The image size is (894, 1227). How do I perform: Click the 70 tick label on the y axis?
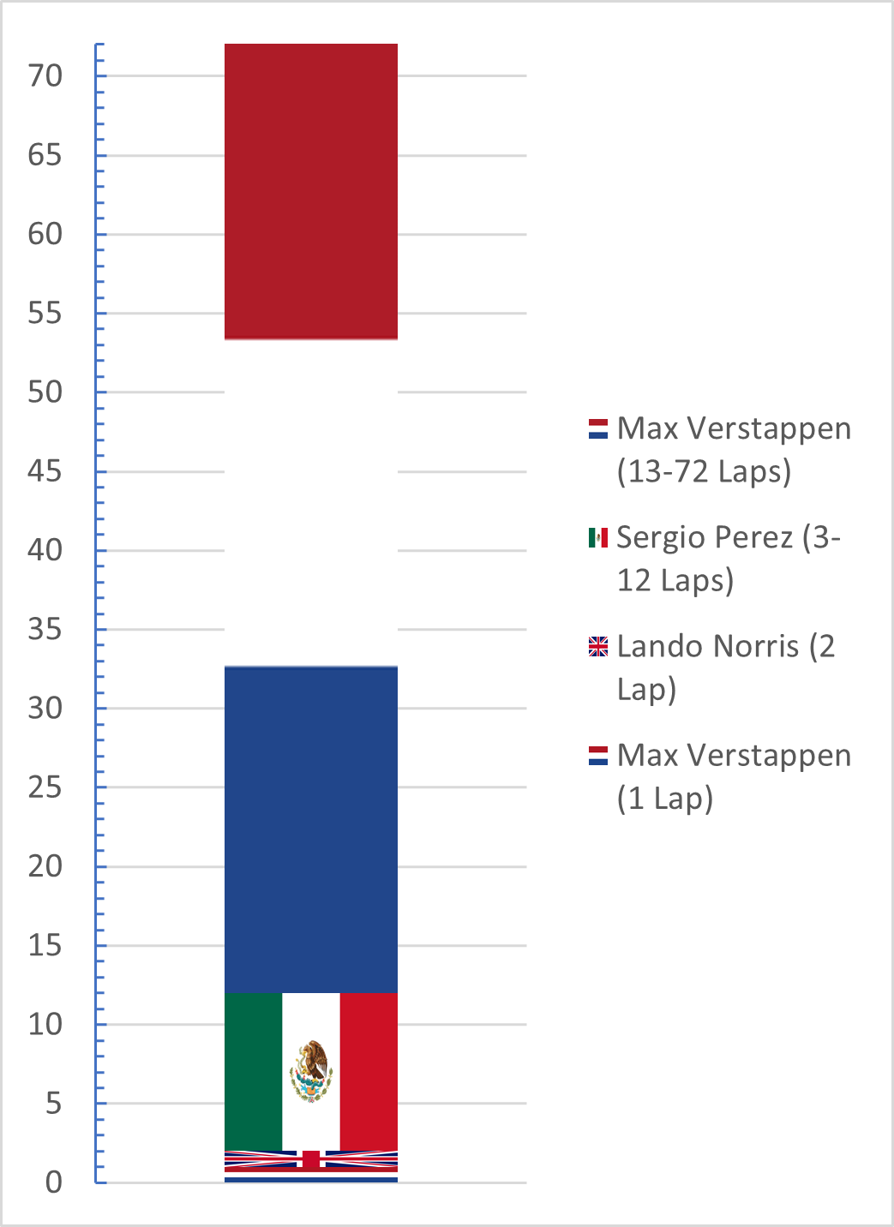[45, 76]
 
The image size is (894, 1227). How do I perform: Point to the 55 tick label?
[45, 314]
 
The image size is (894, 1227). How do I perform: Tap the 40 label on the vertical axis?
[45, 550]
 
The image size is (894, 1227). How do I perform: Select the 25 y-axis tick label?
[45, 787]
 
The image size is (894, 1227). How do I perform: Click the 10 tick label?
[45, 1025]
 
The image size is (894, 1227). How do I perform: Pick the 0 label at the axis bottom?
[54, 1182]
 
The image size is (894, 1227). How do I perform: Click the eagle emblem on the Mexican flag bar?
[310, 1071]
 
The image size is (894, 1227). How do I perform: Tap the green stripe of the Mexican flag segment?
[253, 1071]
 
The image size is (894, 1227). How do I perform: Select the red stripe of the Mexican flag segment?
[369, 1071]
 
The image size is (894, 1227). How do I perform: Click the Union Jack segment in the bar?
[310, 1159]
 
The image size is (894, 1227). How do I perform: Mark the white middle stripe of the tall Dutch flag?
[310, 502]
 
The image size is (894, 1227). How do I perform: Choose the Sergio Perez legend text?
[728, 558]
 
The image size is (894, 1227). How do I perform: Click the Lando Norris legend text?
[725, 667]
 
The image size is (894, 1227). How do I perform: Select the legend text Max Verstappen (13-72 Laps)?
[733, 449]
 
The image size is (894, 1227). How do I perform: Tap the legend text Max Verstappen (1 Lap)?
[733, 776]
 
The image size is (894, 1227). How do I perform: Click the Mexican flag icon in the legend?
[598, 537]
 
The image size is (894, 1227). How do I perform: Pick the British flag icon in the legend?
[598, 646]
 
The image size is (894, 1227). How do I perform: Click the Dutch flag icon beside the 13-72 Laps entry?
[598, 428]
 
